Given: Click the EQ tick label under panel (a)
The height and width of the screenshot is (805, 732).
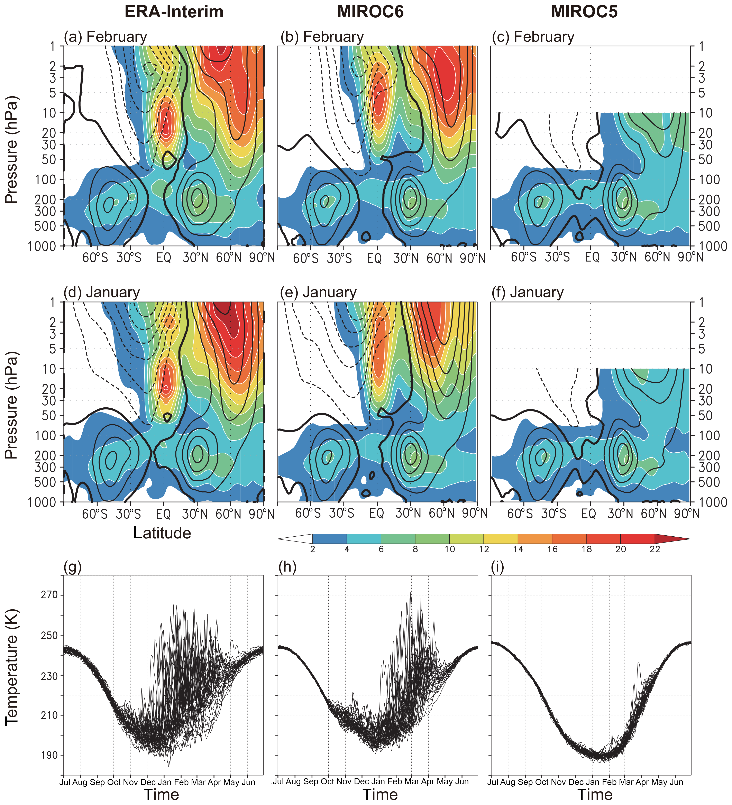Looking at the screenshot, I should click(x=164, y=258).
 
